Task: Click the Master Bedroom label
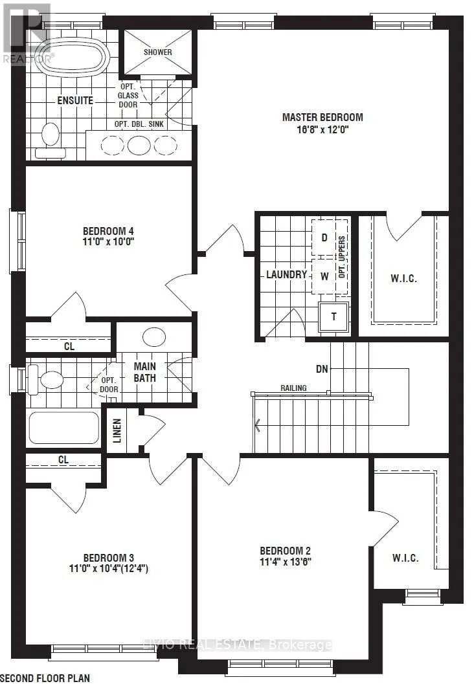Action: (322, 117)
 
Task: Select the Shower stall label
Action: (157, 52)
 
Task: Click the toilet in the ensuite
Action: (51, 140)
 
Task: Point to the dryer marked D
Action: (324, 237)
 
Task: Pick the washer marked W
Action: (324, 276)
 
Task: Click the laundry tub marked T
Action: (334, 316)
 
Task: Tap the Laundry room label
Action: (287, 274)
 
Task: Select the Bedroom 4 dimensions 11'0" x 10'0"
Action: (108, 241)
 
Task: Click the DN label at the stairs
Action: (322, 369)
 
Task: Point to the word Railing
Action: (293, 388)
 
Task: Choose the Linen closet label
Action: (117, 431)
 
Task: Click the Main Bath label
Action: (144, 372)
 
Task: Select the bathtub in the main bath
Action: (63, 428)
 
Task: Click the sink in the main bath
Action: (154, 337)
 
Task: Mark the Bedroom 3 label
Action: (109, 558)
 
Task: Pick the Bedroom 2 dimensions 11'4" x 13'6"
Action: (286, 562)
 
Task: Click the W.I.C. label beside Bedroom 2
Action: (405, 558)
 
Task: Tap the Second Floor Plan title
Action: (45, 678)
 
